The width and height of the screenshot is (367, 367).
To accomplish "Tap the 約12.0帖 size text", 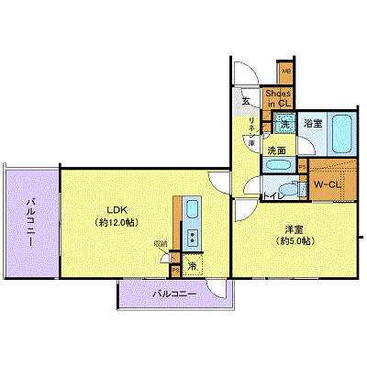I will click(117, 222).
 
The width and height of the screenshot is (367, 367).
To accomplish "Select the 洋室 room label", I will click(293, 228).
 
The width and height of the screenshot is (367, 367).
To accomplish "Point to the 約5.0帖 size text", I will click(293, 241).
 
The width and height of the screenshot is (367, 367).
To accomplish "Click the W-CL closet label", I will click(328, 184).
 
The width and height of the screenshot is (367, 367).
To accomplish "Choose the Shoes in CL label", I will click(278, 98).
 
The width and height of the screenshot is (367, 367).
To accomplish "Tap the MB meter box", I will click(285, 71).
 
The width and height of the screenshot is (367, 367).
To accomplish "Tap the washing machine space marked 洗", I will click(285, 123).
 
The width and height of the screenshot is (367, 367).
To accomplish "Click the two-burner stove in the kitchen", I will click(193, 238).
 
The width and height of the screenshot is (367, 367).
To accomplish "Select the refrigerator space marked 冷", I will click(193, 266).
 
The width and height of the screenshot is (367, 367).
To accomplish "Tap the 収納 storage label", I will click(161, 244).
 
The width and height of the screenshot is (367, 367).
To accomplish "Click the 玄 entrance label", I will click(246, 101).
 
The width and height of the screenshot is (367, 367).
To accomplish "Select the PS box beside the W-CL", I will click(303, 166).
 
